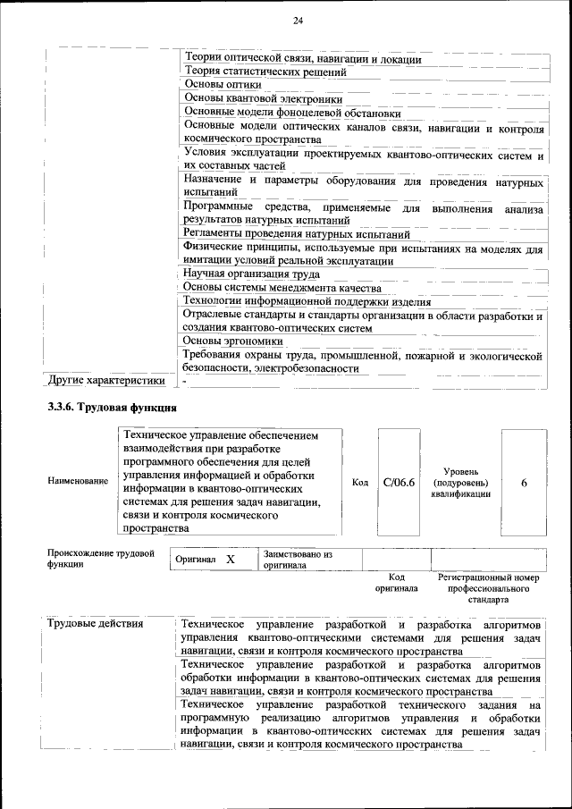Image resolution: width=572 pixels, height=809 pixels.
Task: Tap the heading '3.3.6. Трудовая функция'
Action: (112, 409)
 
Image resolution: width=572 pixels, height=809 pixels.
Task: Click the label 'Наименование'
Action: (78, 482)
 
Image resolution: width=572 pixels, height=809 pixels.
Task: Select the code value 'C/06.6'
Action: (399, 483)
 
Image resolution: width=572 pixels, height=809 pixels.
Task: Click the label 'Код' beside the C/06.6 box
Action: (360, 483)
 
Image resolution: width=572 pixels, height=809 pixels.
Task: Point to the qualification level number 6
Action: (524, 483)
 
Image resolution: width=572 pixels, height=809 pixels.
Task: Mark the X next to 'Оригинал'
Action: (230, 559)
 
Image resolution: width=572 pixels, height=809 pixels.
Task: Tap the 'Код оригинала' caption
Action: (397, 583)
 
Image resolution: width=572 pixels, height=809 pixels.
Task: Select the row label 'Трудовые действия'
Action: (95, 622)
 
